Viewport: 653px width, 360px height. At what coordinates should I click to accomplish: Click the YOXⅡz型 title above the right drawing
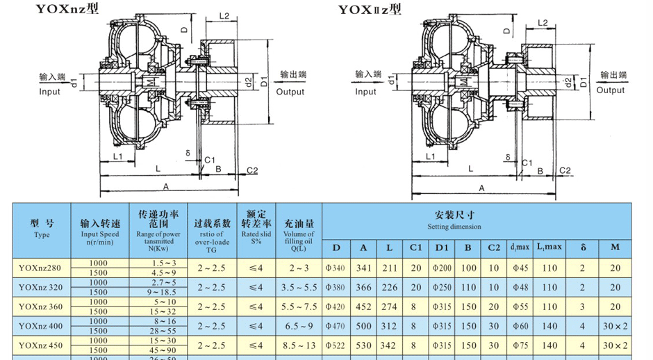pyautogui.click(x=370, y=9)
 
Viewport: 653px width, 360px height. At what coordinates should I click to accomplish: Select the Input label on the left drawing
pyautogui.click(x=49, y=91)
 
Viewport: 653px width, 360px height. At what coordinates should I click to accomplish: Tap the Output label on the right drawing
pyautogui.click(x=611, y=90)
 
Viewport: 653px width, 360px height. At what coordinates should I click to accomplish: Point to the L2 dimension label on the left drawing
pyautogui.click(x=224, y=15)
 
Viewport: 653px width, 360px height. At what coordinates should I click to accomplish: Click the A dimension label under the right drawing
pyautogui.click(x=481, y=188)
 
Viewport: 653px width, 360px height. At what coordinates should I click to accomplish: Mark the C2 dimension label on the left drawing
pyautogui.click(x=252, y=170)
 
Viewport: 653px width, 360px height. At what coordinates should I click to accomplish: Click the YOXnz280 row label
pyautogui.click(x=42, y=268)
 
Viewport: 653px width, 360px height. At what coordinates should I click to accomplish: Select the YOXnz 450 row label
pyautogui.click(x=42, y=345)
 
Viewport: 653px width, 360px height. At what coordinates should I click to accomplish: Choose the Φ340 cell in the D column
pyautogui.click(x=336, y=268)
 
